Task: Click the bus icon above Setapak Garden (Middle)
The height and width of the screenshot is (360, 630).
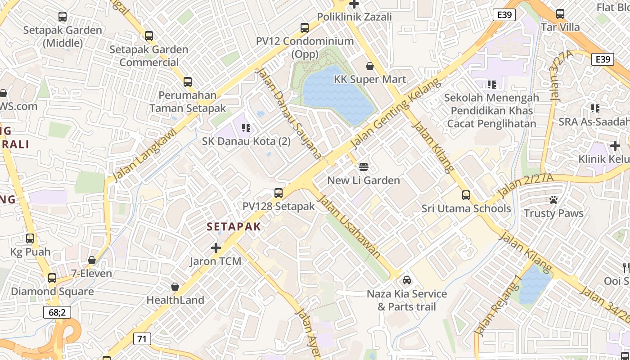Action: point(63,17)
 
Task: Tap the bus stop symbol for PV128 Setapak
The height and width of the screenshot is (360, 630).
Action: point(279,193)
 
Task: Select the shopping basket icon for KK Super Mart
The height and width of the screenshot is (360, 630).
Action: point(370,66)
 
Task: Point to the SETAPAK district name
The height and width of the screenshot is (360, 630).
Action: point(234,226)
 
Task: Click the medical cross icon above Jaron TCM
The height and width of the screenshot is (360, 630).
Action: point(216,248)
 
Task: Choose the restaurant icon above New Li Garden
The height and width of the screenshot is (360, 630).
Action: point(364,167)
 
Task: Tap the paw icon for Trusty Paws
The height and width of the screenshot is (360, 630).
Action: point(553,200)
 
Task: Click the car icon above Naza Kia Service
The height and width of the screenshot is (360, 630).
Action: point(407,280)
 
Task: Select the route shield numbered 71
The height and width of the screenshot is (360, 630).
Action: point(142,339)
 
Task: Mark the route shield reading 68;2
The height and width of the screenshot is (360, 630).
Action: point(57,312)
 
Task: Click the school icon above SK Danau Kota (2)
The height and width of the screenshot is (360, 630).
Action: point(246,128)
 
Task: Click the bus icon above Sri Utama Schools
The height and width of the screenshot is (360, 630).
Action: point(466,195)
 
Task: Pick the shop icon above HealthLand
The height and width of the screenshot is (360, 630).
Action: point(175,287)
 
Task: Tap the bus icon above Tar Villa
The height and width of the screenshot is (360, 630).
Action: point(560,13)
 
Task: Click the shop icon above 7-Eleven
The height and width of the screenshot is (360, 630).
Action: point(92,260)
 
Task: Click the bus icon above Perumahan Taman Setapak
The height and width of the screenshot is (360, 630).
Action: point(188,82)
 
